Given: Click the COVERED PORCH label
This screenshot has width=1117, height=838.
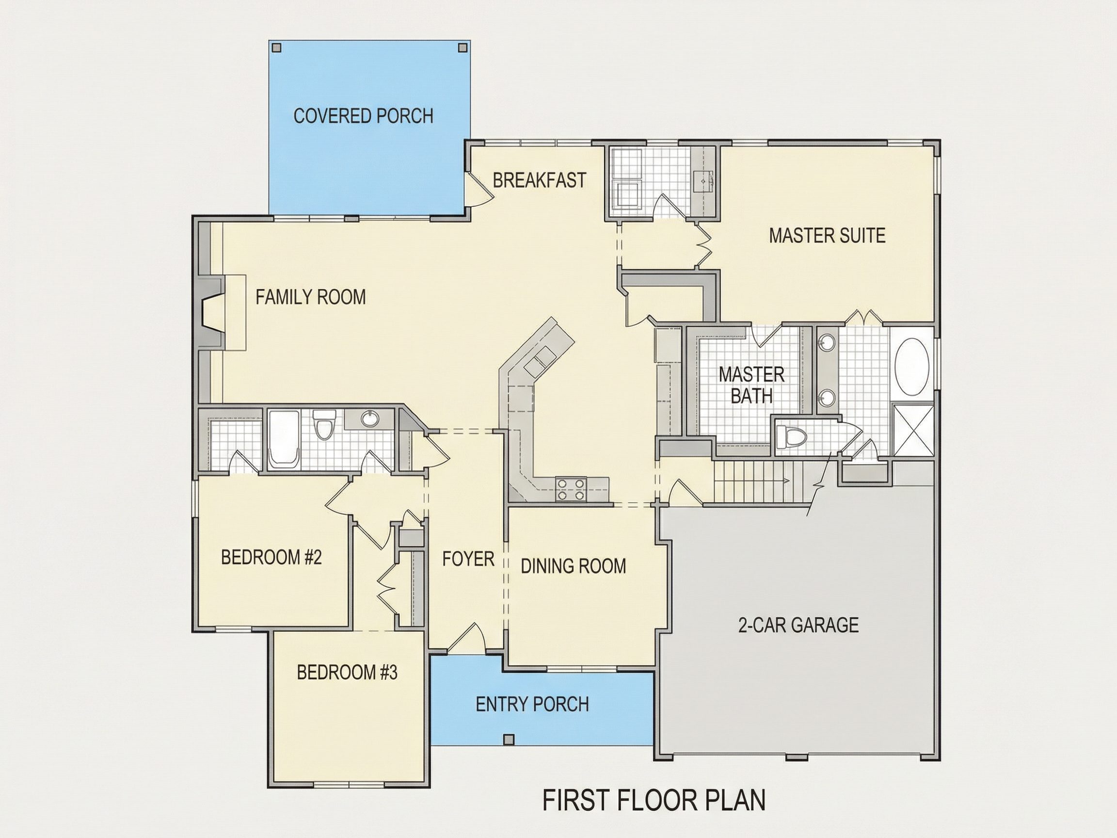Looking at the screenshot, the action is tap(363, 116).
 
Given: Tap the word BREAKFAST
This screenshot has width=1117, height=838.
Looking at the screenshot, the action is tap(539, 180).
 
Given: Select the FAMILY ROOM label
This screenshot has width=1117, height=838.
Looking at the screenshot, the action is tap(311, 296).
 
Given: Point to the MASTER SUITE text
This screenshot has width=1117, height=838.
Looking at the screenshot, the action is tap(827, 235).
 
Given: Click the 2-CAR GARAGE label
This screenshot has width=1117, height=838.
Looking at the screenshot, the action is tap(798, 625).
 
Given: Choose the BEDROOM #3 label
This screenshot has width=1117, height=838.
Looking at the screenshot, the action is tap(347, 672).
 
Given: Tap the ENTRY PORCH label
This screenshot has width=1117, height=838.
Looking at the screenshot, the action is tap(532, 704).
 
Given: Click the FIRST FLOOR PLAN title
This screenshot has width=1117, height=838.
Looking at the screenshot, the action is tap(654, 801).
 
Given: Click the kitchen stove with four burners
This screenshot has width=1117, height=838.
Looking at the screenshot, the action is tap(571, 489).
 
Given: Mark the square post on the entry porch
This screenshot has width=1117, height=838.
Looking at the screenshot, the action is tap(510, 740).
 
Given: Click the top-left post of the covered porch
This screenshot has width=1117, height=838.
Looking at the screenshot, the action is tap(276, 48).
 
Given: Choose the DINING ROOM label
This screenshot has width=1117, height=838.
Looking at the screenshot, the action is tap(573, 566).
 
